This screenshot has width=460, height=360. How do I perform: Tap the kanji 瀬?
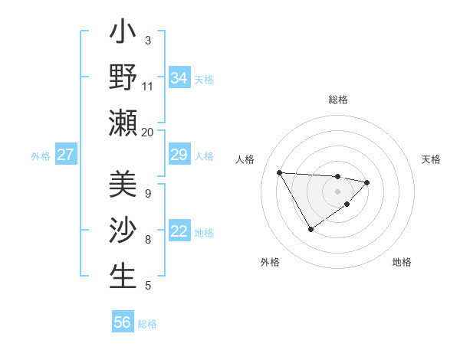click(x=123, y=123)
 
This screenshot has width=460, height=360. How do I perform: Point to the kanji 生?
click(x=123, y=276)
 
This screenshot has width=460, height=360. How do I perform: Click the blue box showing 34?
click(x=179, y=77)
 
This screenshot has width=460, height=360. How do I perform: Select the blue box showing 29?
click(x=179, y=155)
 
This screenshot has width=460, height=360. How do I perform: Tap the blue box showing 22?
click(x=179, y=231)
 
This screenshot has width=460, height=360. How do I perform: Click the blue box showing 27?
click(x=66, y=155)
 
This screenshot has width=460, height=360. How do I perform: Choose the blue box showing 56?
click(x=123, y=322)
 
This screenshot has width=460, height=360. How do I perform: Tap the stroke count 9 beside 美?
click(x=147, y=194)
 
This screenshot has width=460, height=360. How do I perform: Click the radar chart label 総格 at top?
click(x=337, y=100)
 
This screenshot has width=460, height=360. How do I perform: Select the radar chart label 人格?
click(x=245, y=159)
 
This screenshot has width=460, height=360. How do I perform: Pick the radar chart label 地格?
click(x=402, y=262)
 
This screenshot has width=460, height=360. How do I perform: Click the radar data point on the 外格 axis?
click(x=310, y=229)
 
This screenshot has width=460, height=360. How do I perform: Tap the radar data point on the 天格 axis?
click(x=367, y=182)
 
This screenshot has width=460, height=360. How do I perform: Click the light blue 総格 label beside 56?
click(x=147, y=324)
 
